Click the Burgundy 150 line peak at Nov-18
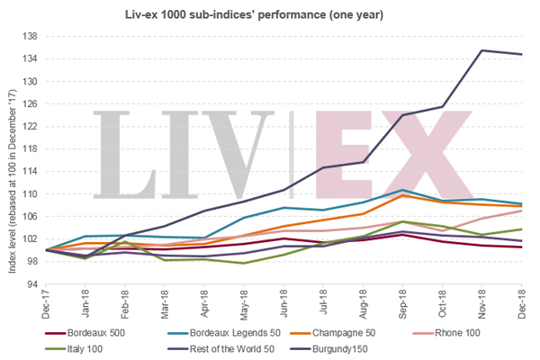point(483,50)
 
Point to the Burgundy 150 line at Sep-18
point(403,115)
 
